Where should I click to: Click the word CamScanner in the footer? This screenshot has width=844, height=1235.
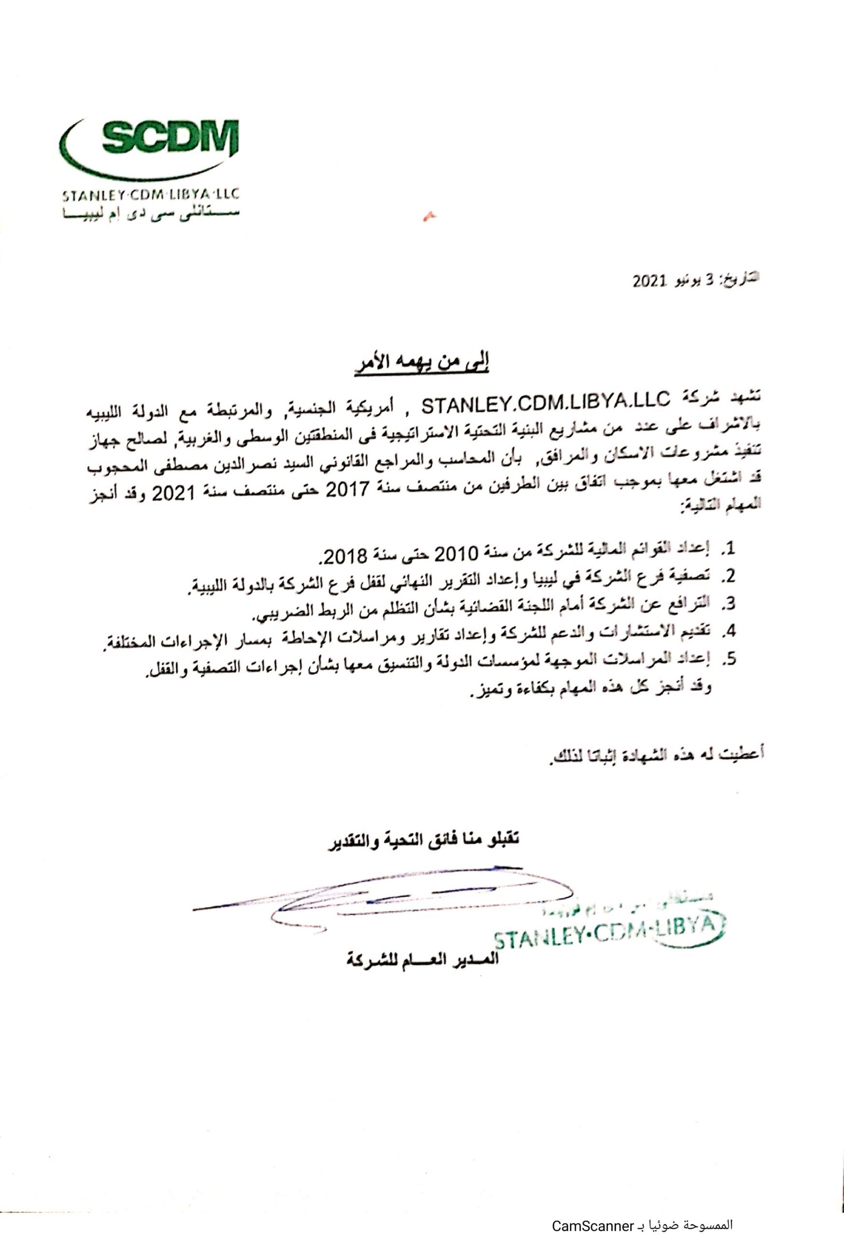coord(590,1222)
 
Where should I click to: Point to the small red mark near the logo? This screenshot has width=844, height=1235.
coord(426,215)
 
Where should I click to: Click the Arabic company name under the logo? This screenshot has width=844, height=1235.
coord(149,214)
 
